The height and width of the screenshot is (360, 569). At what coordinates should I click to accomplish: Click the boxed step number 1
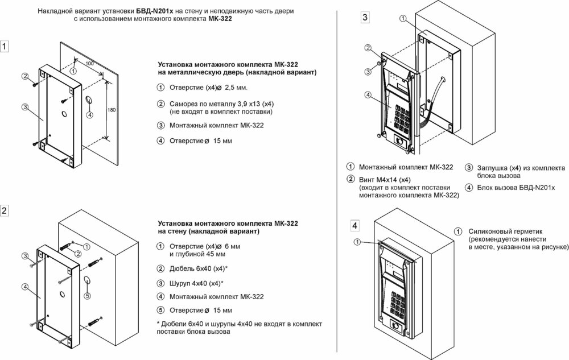[5, 47]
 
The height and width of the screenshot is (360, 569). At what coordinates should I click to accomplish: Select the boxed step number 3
[365, 18]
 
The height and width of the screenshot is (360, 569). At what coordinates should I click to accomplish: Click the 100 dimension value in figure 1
[89, 63]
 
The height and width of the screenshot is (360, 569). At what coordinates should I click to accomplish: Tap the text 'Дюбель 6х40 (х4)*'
[196, 268]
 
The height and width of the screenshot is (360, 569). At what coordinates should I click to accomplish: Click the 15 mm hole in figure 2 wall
[86, 280]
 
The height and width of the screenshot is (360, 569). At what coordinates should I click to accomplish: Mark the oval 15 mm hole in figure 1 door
[90, 101]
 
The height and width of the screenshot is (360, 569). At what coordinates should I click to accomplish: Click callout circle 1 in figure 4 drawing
[357, 242]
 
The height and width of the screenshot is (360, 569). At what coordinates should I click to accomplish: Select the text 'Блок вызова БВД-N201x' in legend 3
[516, 187]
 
